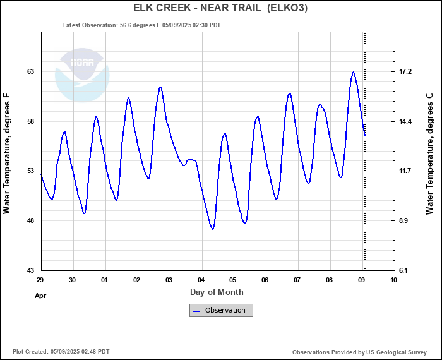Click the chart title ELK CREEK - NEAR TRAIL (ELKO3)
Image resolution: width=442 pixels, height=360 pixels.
click(220, 8)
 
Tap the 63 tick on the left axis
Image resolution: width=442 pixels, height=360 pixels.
click(30, 72)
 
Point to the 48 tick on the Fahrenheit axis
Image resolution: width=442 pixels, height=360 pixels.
click(30, 221)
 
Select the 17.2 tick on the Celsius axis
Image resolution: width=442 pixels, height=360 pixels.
click(405, 72)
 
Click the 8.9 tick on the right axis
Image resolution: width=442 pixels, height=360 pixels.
click(405, 221)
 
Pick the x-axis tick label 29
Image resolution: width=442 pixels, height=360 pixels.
click(40, 280)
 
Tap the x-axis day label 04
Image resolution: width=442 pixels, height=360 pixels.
click(201, 280)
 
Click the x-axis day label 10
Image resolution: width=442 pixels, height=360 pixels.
click(394, 280)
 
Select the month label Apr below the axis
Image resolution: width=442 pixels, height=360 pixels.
click(40, 295)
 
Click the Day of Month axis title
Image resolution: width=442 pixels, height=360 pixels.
click(217, 292)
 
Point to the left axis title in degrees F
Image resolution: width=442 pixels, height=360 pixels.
click(7, 153)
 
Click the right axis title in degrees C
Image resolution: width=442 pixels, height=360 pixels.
click(429, 153)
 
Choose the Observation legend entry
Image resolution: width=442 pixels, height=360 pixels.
click(221, 310)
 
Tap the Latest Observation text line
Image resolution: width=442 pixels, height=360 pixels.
click(142, 25)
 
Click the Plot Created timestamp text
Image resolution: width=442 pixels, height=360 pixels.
click(61, 351)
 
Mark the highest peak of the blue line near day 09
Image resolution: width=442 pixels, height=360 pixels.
click(354, 72)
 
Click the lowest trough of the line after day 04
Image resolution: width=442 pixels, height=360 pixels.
click(213, 229)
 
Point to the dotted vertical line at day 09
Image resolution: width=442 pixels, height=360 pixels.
click(365, 158)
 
